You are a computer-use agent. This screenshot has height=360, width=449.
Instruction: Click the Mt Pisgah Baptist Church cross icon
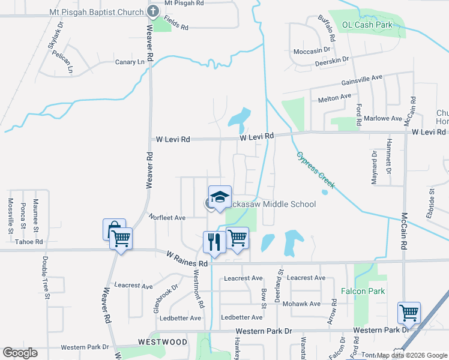(153, 11)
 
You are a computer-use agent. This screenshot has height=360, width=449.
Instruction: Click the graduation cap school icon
(220, 197)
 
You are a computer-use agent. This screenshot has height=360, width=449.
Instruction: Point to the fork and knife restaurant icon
(214, 242)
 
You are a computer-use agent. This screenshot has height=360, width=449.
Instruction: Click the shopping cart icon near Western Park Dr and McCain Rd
(409, 313)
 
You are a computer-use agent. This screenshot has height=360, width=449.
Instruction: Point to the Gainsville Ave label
(361, 79)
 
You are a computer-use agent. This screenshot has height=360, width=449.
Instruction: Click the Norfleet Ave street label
(167, 218)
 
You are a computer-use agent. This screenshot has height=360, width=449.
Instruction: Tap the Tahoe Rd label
(29, 242)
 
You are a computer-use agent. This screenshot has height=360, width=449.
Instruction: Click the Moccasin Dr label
(312, 51)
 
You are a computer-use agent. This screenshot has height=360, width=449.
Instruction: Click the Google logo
(20, 353)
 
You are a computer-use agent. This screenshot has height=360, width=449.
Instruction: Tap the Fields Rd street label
(176, 28)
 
